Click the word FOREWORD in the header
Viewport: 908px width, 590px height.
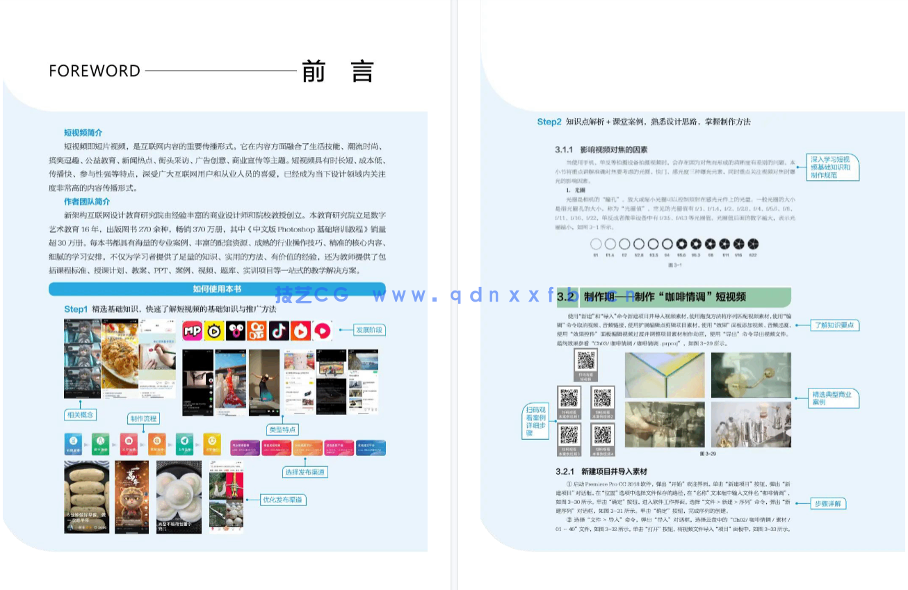click(x=95, y=71)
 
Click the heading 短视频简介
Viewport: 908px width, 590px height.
click(x=83, y=133)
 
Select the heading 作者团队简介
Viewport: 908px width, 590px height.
click(x=88, y=202)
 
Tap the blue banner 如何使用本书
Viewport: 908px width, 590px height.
click(x=217, y=289)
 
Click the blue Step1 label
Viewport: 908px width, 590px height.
click(x=76, y=309)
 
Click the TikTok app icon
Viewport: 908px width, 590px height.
click(x=279, y=331)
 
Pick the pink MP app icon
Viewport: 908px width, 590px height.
click(x=193, y=331)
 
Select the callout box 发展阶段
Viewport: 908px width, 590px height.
click(x=369, y=330)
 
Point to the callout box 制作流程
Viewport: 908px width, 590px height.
click(x=144, y=418)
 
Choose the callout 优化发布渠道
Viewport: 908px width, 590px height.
click(x=283, y=500)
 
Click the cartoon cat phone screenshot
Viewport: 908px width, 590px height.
click(x=131, y=495)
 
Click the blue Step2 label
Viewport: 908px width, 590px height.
click(x=549, y=122)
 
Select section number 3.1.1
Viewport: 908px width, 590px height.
click(x=568, y=149)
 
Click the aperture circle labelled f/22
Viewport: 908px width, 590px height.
click(x=753, y=244)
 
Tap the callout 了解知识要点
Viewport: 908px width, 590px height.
click(x=834, y=325)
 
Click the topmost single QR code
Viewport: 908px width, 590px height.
click(x=586, y=360)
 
